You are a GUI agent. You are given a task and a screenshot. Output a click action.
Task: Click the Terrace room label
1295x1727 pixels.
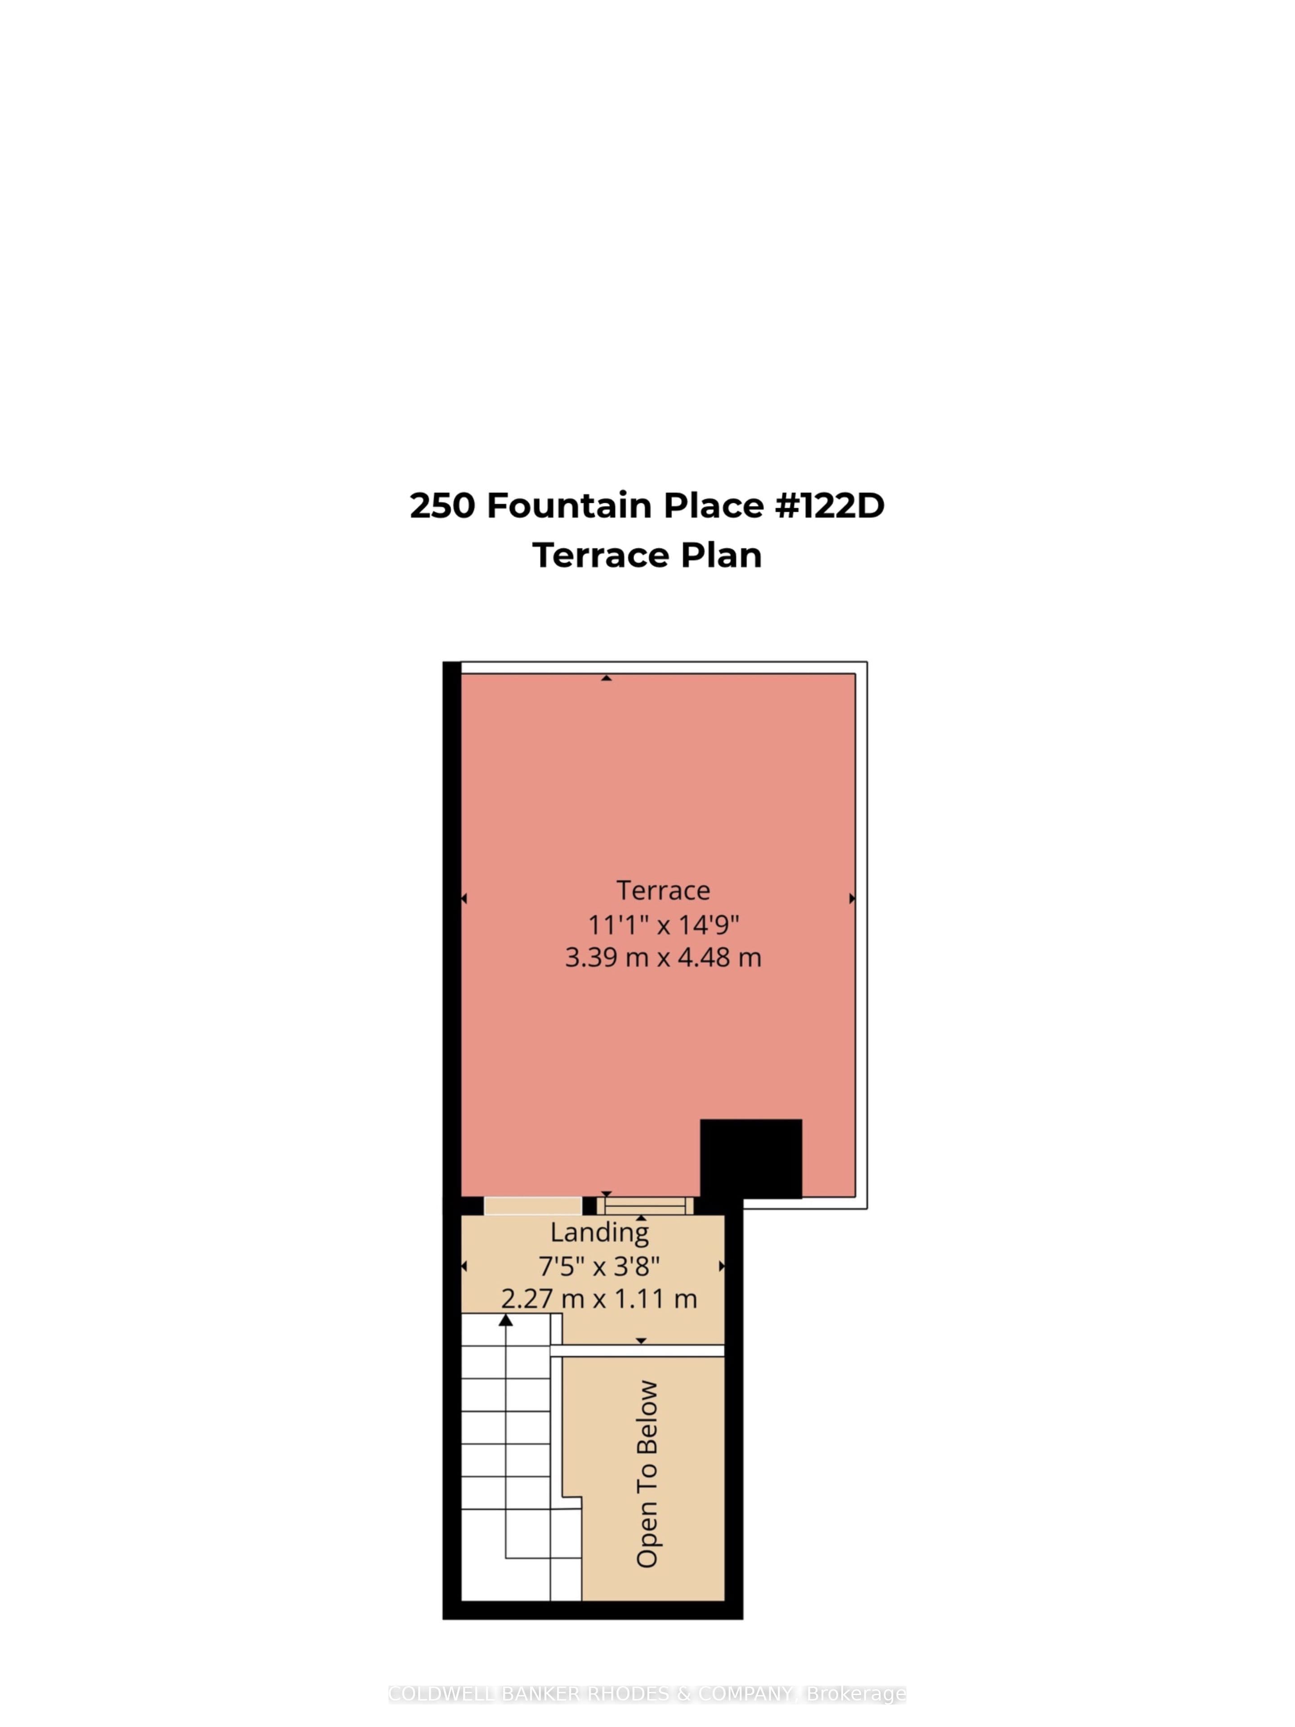point(663,890)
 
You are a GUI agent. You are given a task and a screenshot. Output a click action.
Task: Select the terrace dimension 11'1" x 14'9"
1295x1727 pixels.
point(663,924)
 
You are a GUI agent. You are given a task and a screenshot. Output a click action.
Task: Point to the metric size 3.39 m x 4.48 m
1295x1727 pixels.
point(663,957)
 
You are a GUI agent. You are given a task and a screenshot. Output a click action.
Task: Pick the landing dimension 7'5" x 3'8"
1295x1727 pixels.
point(599,1266)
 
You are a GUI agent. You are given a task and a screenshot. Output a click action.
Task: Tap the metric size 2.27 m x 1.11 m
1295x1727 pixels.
point(599,1298)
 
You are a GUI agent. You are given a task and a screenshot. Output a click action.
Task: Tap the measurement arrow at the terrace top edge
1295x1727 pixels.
point(606,678)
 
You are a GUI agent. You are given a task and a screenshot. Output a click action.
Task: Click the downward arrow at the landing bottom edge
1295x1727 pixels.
point(641,1341)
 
